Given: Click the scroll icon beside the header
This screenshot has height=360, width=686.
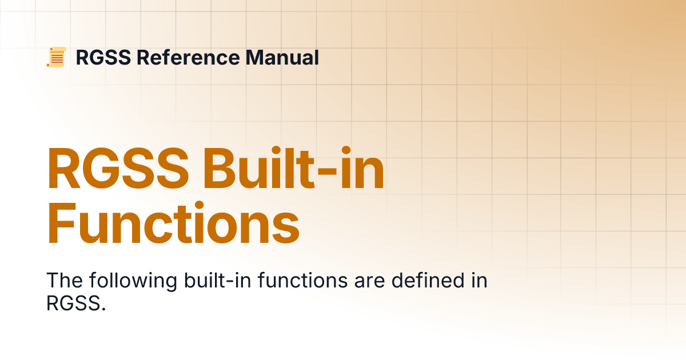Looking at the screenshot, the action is (56, 57).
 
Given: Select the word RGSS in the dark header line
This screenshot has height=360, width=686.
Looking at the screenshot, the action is (103, 58).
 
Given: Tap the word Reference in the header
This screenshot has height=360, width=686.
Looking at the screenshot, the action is (188, 58).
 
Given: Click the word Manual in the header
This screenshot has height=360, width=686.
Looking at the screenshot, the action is (282, 58).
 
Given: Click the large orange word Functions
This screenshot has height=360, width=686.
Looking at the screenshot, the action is (173, 222).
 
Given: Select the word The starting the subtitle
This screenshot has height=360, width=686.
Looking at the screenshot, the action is (64, 280).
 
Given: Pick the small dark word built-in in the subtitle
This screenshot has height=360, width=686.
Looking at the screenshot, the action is (217, 280).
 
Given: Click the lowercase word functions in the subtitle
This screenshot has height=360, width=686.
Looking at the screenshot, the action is (302, 280).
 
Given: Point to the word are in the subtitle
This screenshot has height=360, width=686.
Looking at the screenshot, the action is (369, 282).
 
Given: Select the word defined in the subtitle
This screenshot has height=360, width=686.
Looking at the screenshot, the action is (428, 280).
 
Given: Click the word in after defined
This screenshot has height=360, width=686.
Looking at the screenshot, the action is (479, 280).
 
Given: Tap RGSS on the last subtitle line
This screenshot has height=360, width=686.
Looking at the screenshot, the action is (73, 303).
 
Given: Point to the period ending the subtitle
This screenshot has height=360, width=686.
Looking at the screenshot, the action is (103, 309).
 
